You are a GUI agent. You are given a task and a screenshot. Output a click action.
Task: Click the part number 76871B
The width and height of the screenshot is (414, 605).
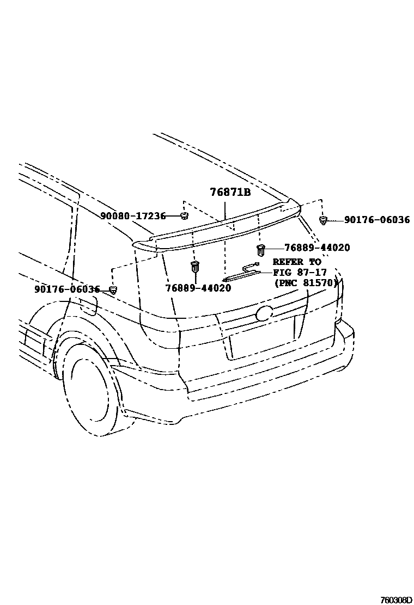point(230,193)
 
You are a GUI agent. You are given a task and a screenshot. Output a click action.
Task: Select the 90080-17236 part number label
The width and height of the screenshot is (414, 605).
point(132,216)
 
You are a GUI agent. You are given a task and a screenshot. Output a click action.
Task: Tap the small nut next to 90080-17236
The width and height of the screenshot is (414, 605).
point(184,217)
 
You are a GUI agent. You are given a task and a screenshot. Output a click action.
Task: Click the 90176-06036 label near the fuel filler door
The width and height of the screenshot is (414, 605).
point(67,289)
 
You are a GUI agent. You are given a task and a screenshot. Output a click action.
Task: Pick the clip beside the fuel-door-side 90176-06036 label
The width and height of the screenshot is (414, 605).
point(113,289)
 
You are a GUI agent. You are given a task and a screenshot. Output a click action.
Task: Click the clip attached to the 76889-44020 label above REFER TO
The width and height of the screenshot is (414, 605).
point(260,250)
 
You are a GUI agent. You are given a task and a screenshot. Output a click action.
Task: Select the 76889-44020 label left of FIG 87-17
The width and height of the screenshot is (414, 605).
point(198,288)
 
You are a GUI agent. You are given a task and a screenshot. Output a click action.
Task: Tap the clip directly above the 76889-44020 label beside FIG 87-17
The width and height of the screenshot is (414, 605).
point(194,267)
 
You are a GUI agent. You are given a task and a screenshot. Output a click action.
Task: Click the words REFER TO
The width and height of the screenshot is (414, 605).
point(296,262)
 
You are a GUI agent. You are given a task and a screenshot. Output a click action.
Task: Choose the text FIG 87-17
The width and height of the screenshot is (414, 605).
point(300,272)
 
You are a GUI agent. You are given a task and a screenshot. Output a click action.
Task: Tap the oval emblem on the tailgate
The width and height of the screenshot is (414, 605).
point(264,313)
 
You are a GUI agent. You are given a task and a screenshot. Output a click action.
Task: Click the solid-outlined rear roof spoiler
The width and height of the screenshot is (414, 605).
point(218,228)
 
